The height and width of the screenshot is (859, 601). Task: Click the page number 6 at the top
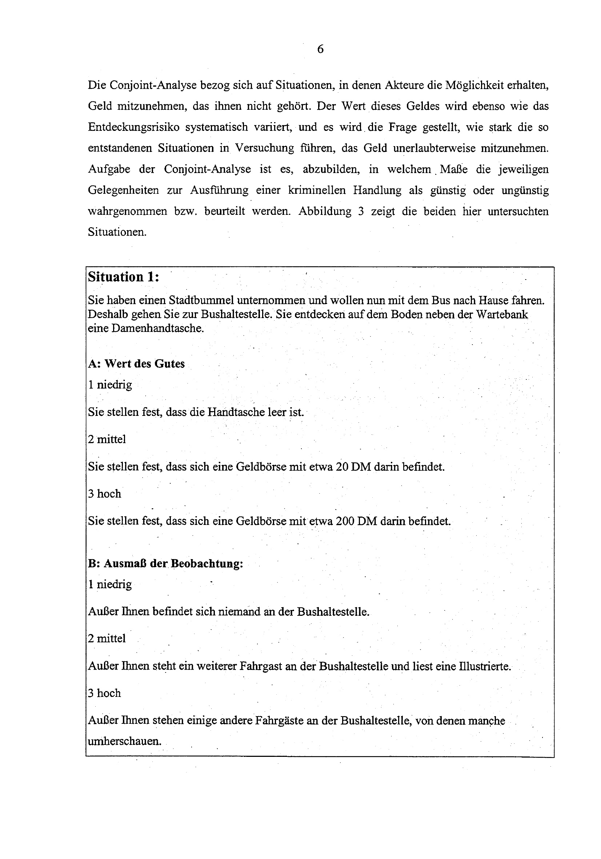320,49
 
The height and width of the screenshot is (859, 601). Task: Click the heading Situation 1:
124,277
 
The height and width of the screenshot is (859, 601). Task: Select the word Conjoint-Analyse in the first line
153,85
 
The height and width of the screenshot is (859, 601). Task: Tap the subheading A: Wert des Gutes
136,364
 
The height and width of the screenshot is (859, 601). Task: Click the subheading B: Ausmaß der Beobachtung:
165,563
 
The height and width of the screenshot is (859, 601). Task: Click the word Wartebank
502,314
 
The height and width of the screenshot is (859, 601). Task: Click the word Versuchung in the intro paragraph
265,148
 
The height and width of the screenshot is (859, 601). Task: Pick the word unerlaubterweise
433,148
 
